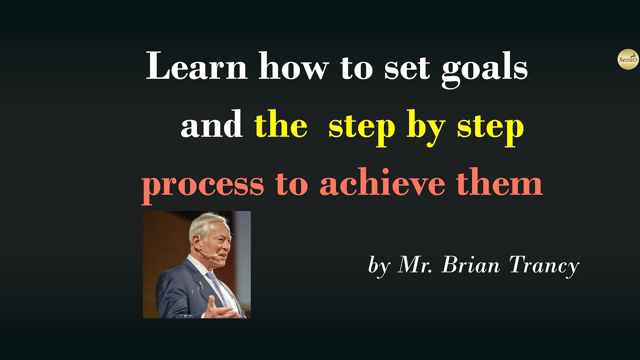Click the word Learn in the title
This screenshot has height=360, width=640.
[x=196, y=67]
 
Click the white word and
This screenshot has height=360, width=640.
[x=211, y=125]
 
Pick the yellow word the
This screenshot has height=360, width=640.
[x=280, y=125]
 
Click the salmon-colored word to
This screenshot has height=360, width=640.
[x=291, y=184]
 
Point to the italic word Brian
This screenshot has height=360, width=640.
[x=470, y=265]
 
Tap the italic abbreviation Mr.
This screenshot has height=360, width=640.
[x=415, y=265]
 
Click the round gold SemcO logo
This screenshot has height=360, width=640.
[x=628, y=59]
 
